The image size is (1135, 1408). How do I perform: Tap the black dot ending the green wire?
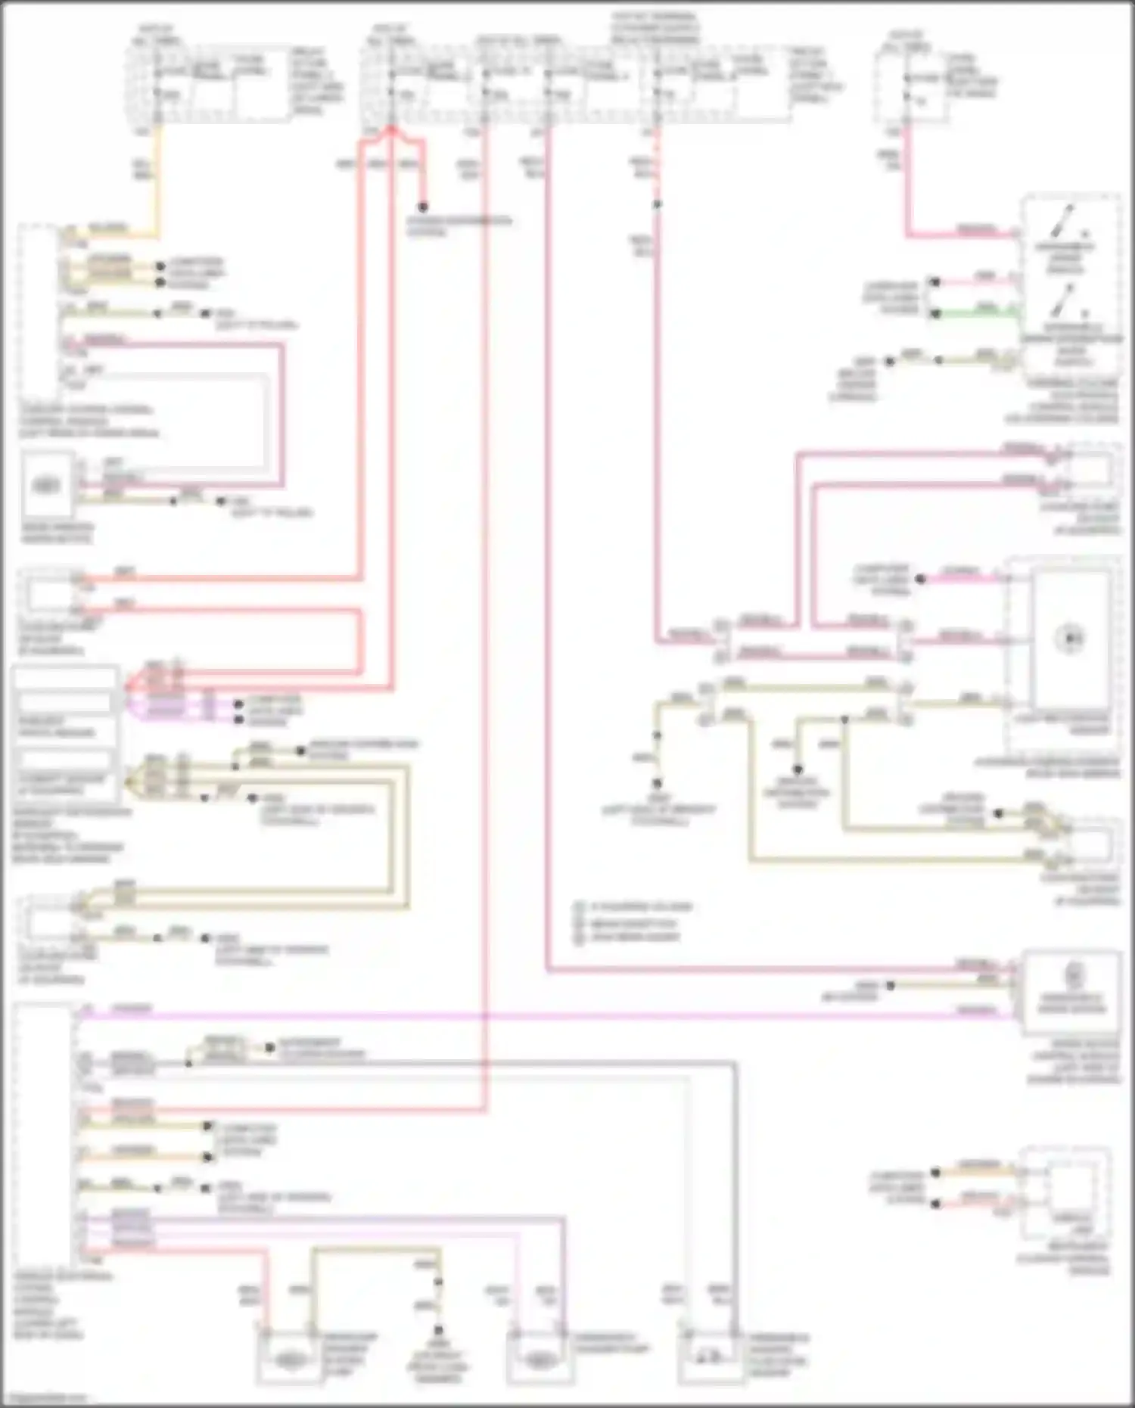click(935, 313)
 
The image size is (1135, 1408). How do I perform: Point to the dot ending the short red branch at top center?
click(423, 207)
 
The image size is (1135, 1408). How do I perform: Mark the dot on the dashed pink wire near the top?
click(657, 204)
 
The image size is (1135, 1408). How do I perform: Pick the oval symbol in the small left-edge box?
click(47, 485)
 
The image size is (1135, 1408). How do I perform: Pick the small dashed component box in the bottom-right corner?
click(1065, 1195)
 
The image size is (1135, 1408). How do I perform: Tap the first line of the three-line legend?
click(634, 906)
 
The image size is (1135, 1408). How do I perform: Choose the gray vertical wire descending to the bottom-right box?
click(735, 1195)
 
